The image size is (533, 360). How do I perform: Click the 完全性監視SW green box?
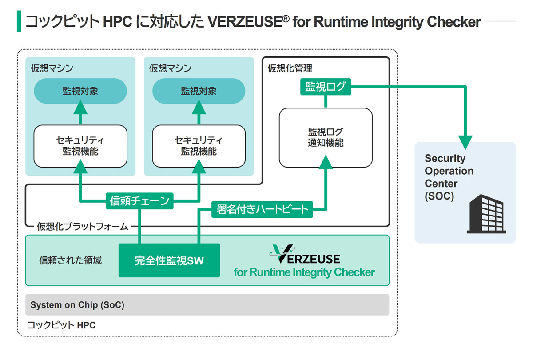(169, 260)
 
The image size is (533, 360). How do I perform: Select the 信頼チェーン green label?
(139, 201)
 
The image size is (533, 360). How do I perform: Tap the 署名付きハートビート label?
(262, 209)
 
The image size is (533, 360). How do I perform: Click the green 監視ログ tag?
(326, 87)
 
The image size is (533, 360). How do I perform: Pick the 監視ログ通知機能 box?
(326, 137)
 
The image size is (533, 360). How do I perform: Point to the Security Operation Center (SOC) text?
(449, 177)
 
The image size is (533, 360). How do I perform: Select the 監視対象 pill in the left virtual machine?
(80, 91)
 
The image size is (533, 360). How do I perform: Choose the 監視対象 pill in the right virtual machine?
(199, 91)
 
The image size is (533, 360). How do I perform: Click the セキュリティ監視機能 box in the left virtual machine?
(80, 146)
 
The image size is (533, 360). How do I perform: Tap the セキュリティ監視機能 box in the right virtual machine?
(199, 146)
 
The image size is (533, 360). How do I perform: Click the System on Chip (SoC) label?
(77, 305)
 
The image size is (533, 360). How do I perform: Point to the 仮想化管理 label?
(290, 68)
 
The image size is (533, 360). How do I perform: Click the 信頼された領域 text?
(71, 260)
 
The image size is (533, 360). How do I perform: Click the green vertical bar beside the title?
(19, 21)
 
